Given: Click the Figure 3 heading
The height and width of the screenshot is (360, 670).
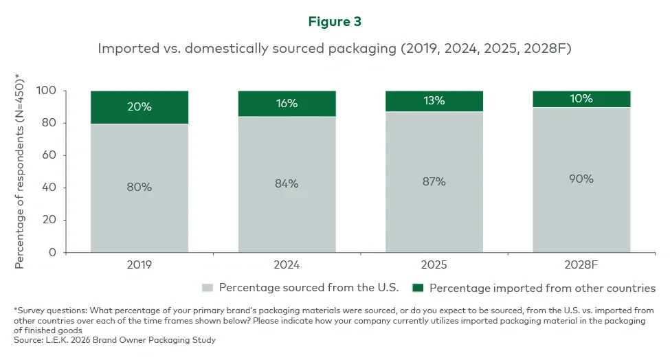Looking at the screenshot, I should pos(335,21).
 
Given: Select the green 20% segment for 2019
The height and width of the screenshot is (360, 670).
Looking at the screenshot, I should pos(139,107).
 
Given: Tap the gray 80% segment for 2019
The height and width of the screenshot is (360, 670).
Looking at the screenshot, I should pos(139,188).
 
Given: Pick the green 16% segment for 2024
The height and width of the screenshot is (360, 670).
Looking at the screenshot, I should pos(287,104).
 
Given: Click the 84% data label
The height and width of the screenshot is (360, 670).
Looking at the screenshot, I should pos(287,183).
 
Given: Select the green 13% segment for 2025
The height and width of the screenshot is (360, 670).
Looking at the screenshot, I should pos(434,101).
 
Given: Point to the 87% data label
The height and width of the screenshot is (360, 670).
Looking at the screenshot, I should pos(434,181).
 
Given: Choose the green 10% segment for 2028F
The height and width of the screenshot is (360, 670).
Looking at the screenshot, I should pos(581,99).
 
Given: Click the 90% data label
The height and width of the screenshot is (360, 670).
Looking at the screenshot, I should pos(581,179).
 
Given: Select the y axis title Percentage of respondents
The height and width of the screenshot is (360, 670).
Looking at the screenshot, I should pos(20,172).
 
